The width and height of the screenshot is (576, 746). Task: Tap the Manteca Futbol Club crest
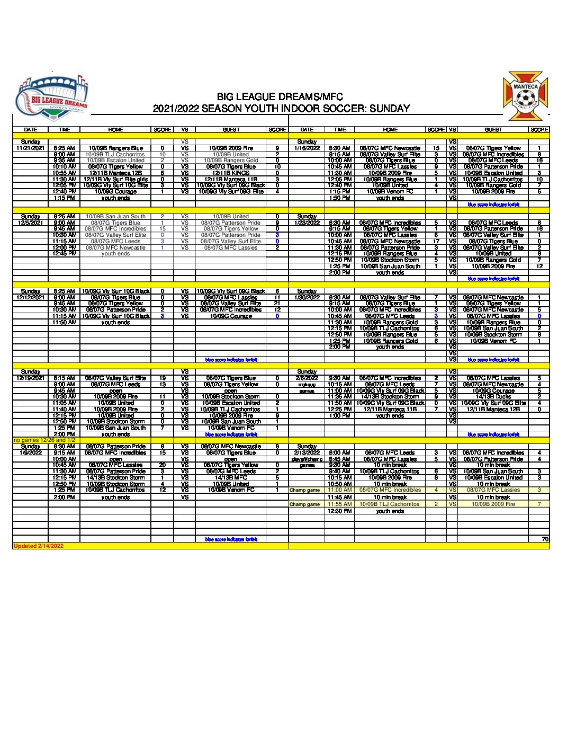[525, 96]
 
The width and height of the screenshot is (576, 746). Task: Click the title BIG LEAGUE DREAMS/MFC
[280, 96]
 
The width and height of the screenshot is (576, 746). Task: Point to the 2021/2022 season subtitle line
[281, 109]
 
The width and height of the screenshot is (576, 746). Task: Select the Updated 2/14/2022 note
[38, 546]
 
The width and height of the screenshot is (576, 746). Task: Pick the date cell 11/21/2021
[30, 148]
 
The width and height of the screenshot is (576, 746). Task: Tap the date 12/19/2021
[30, 378]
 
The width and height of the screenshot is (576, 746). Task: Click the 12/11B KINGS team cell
[231, 173]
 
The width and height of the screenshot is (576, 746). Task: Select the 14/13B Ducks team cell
[493, 397]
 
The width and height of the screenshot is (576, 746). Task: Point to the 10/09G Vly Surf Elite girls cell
[115, 180]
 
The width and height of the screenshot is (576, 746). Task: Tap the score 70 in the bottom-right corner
[545, 539]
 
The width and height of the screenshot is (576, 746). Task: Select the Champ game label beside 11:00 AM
[304, 491]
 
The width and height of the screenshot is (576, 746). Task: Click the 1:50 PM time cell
[339, 198]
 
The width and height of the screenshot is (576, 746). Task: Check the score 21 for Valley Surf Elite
[277, 304]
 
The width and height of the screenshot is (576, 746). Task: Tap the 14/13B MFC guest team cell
[231, 478]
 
